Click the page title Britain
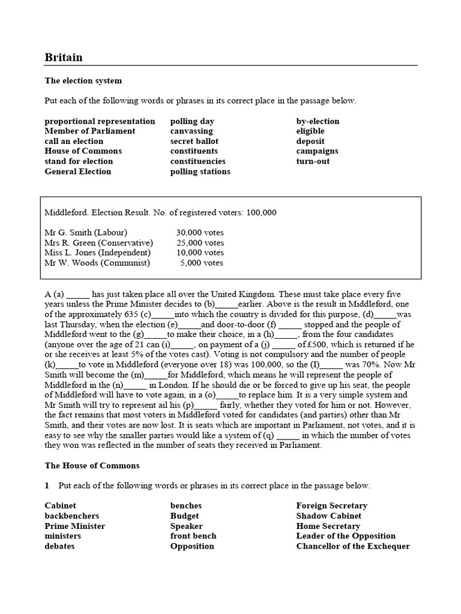[64, 58]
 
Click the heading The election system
[83, 80]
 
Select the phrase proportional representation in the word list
[100, 121]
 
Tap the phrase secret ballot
[195, 141]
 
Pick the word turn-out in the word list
[313, 161]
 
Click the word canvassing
[191, 131]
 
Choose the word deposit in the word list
[310, 141]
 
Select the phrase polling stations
[200, 171]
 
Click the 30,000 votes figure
[199, 233]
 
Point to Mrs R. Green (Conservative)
[99, 243]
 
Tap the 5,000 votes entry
[202, 263]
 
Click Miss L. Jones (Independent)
[97, 252]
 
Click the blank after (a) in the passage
[78, 295]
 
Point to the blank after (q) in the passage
[288, 435]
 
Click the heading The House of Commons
[92, 465]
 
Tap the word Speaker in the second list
[186, 526]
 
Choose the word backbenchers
[72, 516]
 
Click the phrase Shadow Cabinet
[329, 516]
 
